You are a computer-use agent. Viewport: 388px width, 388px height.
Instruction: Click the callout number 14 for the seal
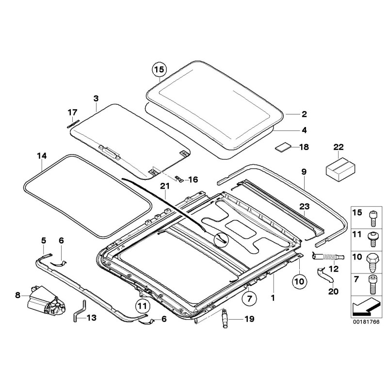coord(42,156)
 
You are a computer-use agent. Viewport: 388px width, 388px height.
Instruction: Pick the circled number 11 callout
coord(141,306)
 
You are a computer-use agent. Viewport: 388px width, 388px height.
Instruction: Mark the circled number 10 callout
coord(300,280)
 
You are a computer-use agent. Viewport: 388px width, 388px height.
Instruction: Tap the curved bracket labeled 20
coord(325,275)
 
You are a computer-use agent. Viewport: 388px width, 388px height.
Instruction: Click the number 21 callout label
coord(165,186)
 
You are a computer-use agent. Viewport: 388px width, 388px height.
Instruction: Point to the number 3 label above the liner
coord(96,98)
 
